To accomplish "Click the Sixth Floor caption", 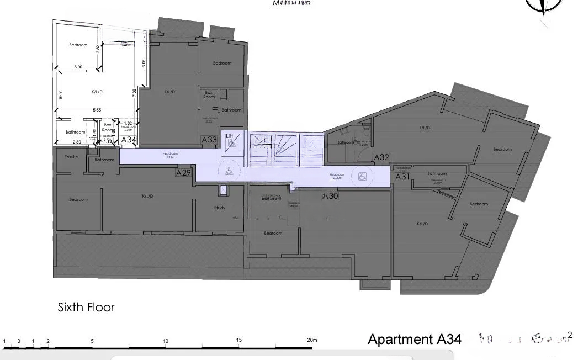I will (x=86, y=307).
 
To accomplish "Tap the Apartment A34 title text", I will (x=414, y=339).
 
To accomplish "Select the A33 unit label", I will (x=209, y=140).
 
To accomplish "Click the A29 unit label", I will (x=183, y=173).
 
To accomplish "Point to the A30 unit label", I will (x=331, y=196).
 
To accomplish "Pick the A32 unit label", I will (x=381, y=157).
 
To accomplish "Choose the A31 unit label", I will (x=402, y=177).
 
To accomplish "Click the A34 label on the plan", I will (x=128, y=140).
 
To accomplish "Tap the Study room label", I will (x=220, y=208).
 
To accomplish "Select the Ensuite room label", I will (x=71, y=157).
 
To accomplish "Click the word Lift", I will (x=230, y=135).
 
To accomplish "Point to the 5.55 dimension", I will (x=97, y=110).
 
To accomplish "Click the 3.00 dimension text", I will (x=78, y=67).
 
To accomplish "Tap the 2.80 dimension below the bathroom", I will (x=77, y=142).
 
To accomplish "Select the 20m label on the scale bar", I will (x=312, y=340).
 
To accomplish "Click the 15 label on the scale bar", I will (x=239, y=340).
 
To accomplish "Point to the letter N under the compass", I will (x=544, y=24).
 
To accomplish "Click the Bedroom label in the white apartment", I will (x=78, y=45).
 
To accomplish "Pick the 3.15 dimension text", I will (x=59, y=95).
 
